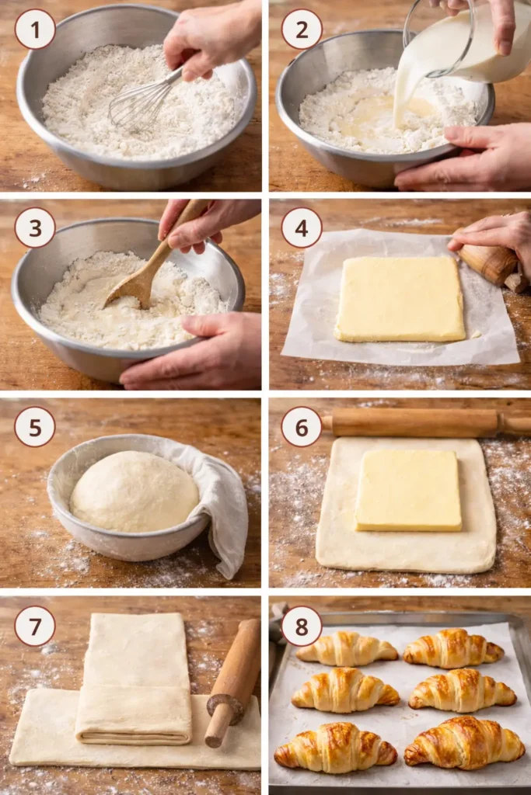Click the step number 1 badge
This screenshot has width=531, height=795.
(35, 30)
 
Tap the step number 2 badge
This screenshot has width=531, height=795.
(302, 30)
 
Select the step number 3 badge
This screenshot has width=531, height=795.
(35, 227)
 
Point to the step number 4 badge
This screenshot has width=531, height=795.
(302, 227)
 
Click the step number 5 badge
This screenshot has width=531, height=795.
(35, 427)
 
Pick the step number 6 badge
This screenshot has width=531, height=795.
(302, 427)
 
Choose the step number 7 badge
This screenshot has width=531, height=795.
(35, 626)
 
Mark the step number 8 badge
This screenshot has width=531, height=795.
(302, 626)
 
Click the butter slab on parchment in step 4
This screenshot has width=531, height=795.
(400, 299)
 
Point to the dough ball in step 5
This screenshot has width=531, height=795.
(134, 491)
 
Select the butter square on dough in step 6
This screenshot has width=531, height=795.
(409, 491)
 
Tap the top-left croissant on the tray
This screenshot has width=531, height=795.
(346, 648)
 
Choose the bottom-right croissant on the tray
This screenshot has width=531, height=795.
(464, 742)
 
